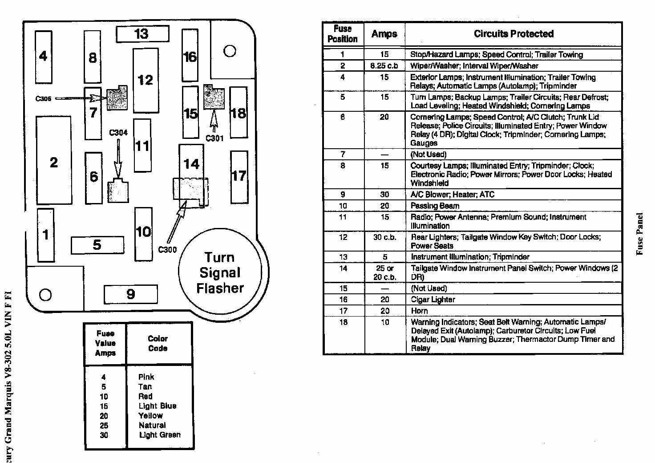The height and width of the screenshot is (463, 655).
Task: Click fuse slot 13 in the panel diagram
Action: (142, 34)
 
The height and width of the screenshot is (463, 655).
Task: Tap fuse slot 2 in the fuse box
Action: (54, 161)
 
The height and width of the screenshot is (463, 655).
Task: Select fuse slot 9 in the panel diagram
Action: (130, 294)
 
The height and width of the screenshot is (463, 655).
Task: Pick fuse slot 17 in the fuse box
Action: (239, 176)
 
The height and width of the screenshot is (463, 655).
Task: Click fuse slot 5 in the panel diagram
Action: (97, 245)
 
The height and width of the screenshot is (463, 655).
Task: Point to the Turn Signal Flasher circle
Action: (220, 272)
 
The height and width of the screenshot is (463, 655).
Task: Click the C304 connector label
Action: (118, 133)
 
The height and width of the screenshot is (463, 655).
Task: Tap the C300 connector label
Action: (167, 250)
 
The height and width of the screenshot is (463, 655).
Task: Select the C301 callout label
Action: (214, 138)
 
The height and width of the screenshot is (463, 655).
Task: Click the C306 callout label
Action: (43, 98)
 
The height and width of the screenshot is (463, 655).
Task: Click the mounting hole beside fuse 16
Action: (230, 51)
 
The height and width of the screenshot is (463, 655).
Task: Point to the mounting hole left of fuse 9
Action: (45, 294)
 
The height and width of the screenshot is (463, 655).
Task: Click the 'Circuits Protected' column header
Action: (513, 34)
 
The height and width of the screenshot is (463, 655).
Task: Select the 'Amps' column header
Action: (384, 34)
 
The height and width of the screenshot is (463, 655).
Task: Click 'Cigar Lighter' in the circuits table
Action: (433, 300)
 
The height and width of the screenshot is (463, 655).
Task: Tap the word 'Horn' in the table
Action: (419, 311)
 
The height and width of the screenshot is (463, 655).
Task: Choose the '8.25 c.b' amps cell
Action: (384, 66)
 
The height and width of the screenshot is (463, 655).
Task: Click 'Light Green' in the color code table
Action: (160, 435)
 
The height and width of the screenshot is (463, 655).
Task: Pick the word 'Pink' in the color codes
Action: (146, 377)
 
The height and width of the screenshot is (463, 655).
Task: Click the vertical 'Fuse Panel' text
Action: (640, 234)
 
